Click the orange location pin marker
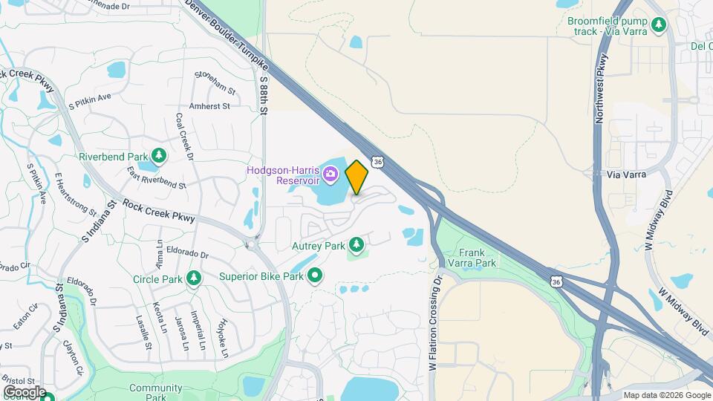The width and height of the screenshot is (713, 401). click(357, 177)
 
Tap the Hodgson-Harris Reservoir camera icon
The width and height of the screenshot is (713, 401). click(331, 175)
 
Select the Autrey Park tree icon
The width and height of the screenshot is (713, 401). click(357, 244)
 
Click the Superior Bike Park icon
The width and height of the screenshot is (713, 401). click(315, 276)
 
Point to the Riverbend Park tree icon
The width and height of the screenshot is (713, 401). click(158, 156)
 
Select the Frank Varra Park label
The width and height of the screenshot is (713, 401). click(477, 258)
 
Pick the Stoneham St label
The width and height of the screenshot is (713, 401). click(215, 82)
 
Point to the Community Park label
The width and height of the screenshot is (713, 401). click(155, 392)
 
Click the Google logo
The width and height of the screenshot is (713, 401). click(25, 392)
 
